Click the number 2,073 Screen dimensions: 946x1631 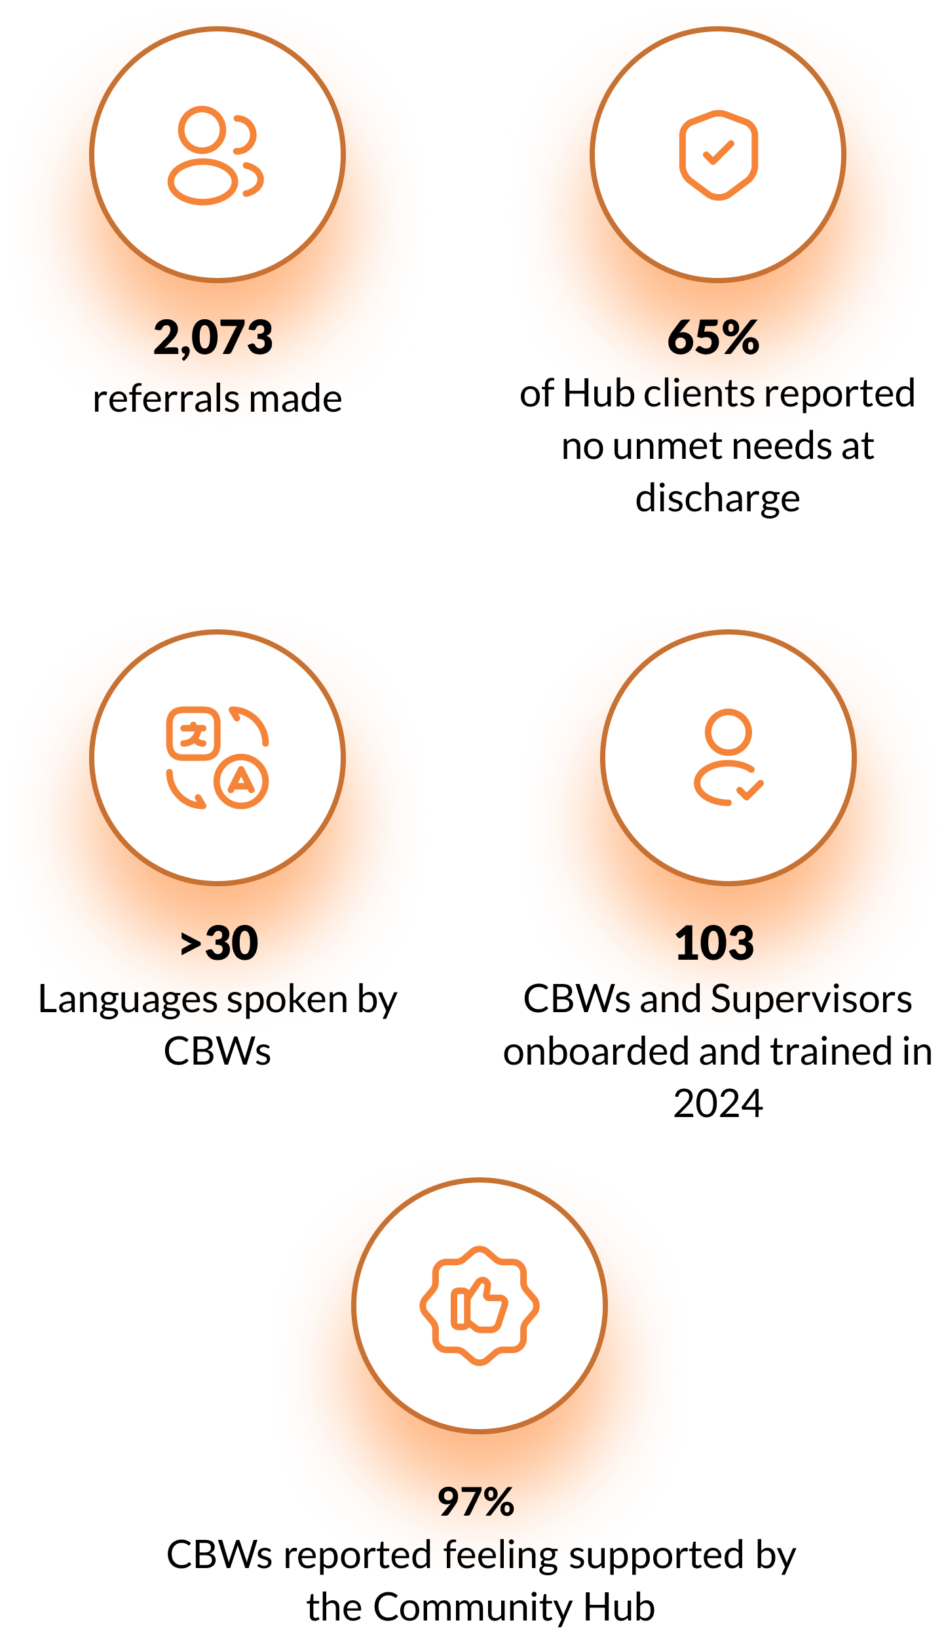point(213,338)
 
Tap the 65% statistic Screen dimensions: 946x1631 point(713,338)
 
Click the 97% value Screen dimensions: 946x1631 point(476,1502)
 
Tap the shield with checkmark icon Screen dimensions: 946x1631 point(718,155)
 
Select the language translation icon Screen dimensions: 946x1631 point(218,758)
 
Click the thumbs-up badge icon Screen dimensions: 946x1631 point(479,1305)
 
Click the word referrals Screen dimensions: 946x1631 point(166,399)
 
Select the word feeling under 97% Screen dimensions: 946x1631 point(501,1555)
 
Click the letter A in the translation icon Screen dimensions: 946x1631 point(242,781)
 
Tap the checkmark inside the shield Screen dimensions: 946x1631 point(718,153)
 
